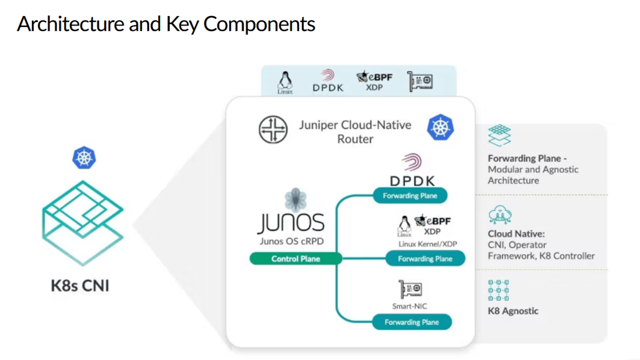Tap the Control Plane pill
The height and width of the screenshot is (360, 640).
click(x=295, y=258)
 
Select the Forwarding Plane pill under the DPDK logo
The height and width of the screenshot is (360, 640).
click(x=410, y=195)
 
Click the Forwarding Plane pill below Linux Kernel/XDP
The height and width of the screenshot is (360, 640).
click(x=425, y=258)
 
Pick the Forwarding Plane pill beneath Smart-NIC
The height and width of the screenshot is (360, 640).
click(x=411, y=322)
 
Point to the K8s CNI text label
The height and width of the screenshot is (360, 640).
click(x=80, y=285)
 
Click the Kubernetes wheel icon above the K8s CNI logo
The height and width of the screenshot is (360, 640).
click(x=84, y=158)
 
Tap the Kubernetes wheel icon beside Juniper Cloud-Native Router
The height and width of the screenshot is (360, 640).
click(x=440, y=127)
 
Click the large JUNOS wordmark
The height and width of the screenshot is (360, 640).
click(x=291, y=223)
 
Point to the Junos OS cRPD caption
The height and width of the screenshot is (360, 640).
click(x=291, y=241)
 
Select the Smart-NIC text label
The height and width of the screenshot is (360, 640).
click(x=409, y=306)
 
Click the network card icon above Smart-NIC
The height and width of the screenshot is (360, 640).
click(x=410, y=289)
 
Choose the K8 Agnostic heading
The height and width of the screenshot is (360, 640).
click(x=513, y=310)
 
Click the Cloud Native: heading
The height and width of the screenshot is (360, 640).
click(x=516, y=233)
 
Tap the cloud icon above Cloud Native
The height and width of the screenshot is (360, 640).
click(x=499, y=215)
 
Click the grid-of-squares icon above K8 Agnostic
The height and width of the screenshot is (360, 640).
click(x=498, y=290)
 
